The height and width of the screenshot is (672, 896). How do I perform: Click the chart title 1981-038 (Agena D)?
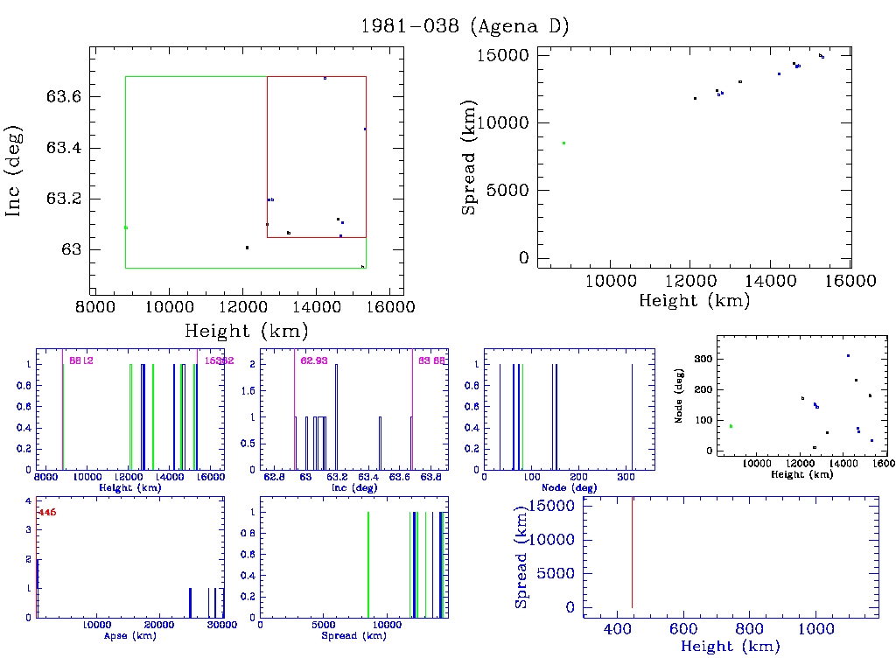tap(465, 26)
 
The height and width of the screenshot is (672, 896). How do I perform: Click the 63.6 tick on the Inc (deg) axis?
tap(64, 96)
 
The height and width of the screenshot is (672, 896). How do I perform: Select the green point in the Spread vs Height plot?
tap(563, 143)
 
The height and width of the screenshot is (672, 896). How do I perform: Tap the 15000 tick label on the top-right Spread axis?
tap(504, 55)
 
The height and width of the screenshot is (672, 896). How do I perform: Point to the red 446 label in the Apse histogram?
tap(46, 513)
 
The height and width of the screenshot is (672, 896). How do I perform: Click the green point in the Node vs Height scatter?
tap(731, 426)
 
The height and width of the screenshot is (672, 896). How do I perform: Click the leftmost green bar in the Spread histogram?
tap(368, 564)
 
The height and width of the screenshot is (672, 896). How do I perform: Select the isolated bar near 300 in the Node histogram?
tap(632, 416)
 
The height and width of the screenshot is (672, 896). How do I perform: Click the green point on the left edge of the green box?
tap(126, 227)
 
